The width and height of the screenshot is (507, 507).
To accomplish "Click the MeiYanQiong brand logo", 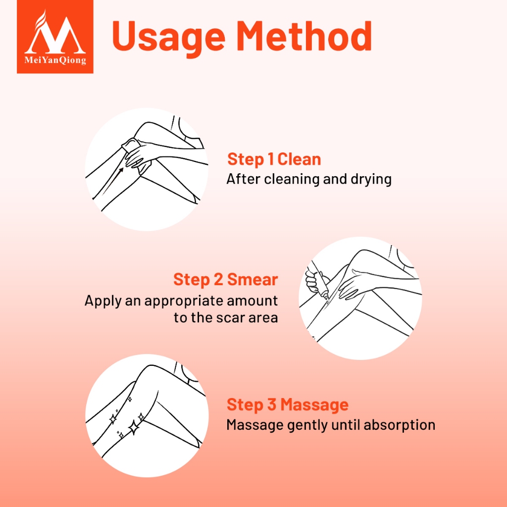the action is pos(55,37).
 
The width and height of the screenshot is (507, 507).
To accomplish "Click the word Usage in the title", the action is pos(168,37).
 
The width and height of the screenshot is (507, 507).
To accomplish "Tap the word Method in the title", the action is pos(304,36).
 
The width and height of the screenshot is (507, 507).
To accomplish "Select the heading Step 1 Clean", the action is pos(274,159).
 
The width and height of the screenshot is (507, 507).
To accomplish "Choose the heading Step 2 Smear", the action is pos(226,279).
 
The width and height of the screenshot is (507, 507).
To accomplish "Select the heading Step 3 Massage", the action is pos(288,405).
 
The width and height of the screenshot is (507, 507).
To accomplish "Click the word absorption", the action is pos(400,425).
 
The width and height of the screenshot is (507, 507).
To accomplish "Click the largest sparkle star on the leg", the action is pos(134,427).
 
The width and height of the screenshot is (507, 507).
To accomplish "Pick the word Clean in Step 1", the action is pos(299,159).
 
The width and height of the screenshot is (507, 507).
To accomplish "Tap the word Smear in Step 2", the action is pos(252,279).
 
